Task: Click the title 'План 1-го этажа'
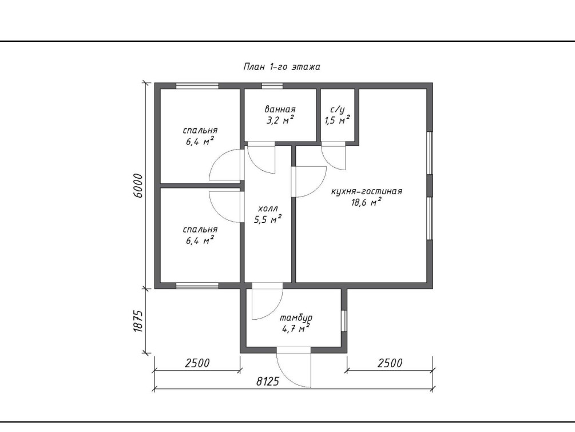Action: (x=281, y=67)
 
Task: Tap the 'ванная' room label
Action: (x=280, y=109)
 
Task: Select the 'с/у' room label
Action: (x=338, y=109)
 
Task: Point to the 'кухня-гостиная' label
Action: (x=366, y=191)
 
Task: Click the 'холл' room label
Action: (x=268, y=209)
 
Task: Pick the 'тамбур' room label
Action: (x=296, y=318)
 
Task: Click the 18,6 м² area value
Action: (x=366, y=202)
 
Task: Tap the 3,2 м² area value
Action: (x=280, y=120)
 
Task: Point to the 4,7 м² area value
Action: (x=296, y=328)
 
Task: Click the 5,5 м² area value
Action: (x=268, y=219)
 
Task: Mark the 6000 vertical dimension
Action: (x=138, y=186)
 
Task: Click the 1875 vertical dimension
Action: (x=138, y=321)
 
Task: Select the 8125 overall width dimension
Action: (x=267, y=382)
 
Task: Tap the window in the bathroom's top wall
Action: (x=272, y=86)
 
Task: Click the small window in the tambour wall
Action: (x=344, y=321)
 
